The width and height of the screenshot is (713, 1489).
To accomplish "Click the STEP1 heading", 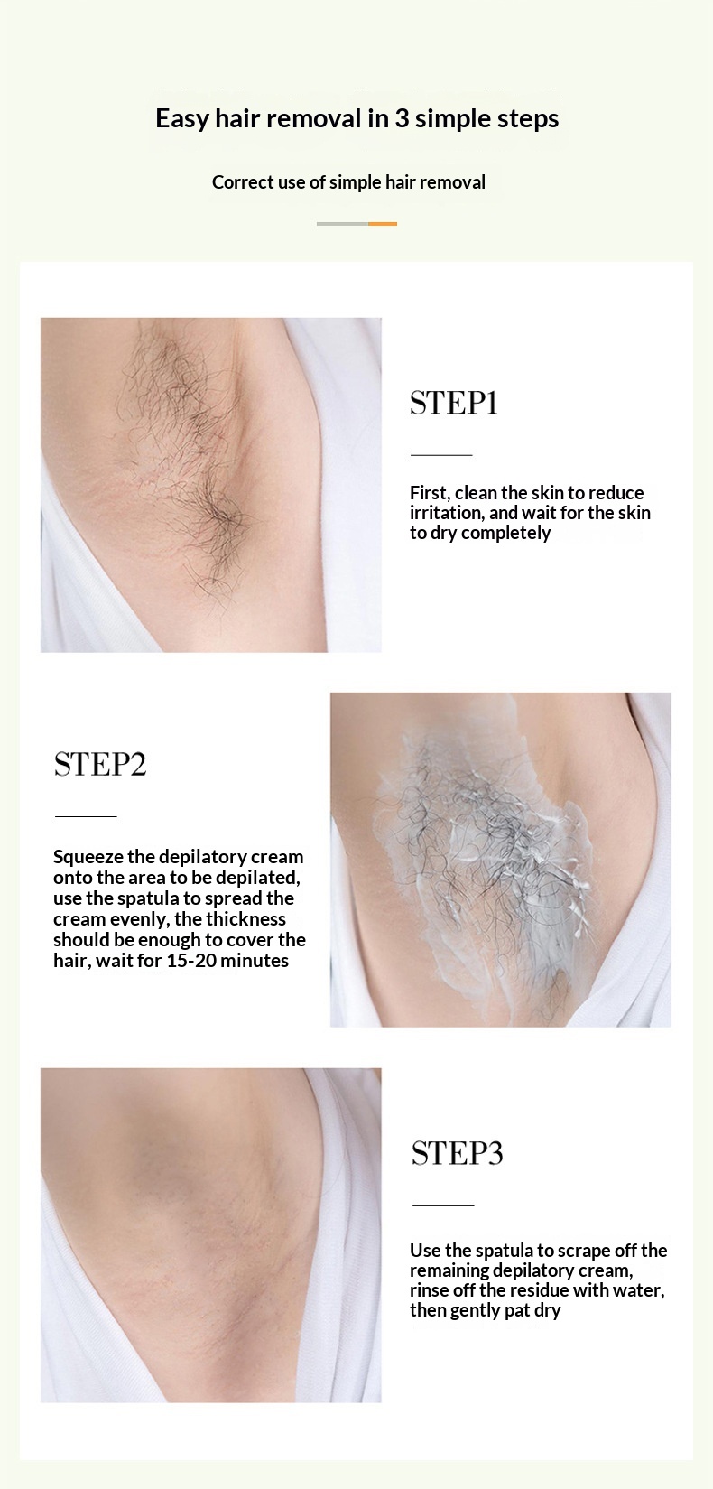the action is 454,404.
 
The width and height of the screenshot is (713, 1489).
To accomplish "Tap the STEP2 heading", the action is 99,765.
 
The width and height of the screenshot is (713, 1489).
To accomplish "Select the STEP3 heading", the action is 458,1153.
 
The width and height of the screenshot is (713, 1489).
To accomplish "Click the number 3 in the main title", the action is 402,119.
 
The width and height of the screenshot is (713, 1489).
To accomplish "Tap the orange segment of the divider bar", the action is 383,224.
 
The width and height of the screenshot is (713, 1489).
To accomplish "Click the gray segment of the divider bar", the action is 342,224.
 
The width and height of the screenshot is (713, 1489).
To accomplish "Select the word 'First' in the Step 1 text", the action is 430,493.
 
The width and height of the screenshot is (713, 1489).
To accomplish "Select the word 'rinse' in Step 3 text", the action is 429,1290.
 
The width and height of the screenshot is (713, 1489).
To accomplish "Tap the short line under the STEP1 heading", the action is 441,455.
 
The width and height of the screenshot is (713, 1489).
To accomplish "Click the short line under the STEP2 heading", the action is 86,815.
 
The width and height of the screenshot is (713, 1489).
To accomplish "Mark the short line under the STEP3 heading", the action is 443,1205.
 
